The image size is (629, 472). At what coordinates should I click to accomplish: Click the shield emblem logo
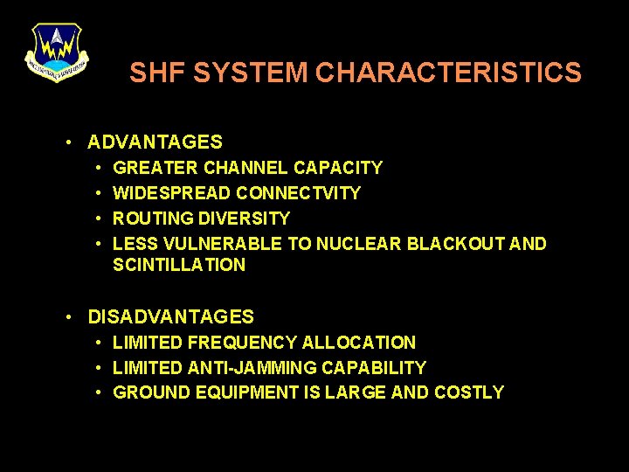pos(56,51)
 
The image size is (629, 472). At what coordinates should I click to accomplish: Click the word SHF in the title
pos(158,73)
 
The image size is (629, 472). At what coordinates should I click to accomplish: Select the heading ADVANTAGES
pos(156,142)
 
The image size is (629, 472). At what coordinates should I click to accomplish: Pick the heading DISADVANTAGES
pos(171,317)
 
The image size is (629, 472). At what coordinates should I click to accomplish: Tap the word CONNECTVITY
pos(298,192)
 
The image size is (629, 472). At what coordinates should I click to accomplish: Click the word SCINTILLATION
pos(179,265)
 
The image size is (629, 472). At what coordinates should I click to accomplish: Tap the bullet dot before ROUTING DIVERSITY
pos(100,218)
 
